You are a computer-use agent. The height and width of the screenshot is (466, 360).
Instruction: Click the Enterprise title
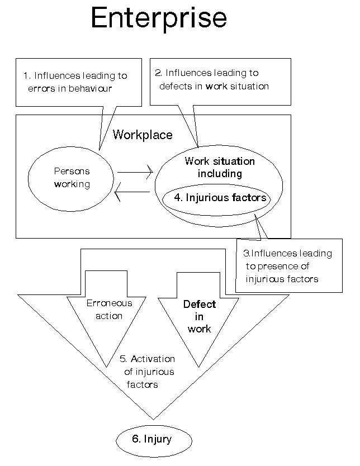click(159, 19)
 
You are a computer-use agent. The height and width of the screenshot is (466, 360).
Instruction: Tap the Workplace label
click(143, 135)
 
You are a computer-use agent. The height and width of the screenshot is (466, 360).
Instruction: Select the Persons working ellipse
click(72, 178)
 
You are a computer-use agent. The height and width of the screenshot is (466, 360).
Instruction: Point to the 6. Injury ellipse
click(151, 439)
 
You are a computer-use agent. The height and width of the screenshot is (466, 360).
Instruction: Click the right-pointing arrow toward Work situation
click(135, 172)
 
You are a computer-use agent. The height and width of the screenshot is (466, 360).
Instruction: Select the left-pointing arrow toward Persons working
click(132, 194)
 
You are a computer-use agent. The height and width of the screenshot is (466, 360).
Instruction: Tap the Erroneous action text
click(110, 310)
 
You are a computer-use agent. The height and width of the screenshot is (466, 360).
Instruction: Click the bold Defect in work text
click(200, 317)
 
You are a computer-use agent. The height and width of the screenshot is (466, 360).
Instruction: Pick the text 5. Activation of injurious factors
click(148, 372)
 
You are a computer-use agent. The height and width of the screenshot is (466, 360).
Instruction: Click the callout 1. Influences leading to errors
click(75, 82)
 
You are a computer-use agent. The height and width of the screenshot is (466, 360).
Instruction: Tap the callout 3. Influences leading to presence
click(288, 266)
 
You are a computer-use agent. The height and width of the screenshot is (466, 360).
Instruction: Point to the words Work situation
click(220, 161)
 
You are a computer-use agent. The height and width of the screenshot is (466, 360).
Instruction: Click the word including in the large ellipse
click(220, 174)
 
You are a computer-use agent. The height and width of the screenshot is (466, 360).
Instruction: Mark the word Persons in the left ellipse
click(72, 172)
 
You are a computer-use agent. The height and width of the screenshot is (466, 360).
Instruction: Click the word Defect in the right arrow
click(200, 305)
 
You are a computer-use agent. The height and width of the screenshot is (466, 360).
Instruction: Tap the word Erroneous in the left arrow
click(110, 303)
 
